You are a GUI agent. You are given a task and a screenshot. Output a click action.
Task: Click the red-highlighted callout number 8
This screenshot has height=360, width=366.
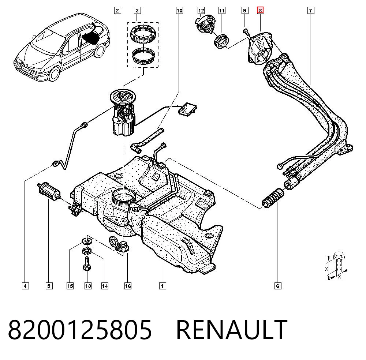(260, 11)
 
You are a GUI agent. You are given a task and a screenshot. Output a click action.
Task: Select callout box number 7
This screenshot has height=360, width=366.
(310, 11)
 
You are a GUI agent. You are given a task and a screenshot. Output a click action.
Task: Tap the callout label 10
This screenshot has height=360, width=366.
(179, 11)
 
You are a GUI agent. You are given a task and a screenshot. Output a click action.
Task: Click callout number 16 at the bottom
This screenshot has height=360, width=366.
(128, 286)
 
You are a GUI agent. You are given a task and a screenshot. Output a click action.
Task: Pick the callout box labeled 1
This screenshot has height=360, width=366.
(163, 286)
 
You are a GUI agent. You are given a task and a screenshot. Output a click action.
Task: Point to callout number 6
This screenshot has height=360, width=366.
(277, 286)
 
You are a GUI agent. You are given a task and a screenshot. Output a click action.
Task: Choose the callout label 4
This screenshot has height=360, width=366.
(25, 286)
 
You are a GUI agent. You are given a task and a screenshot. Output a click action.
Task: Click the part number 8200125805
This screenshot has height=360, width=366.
(80, 330)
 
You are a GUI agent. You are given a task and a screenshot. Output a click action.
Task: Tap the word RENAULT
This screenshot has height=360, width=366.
(232, 330)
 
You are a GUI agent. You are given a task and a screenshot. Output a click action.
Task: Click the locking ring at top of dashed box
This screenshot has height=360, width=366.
(143, 35)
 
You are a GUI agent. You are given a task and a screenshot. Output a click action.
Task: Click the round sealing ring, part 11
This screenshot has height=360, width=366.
(221, 42)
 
